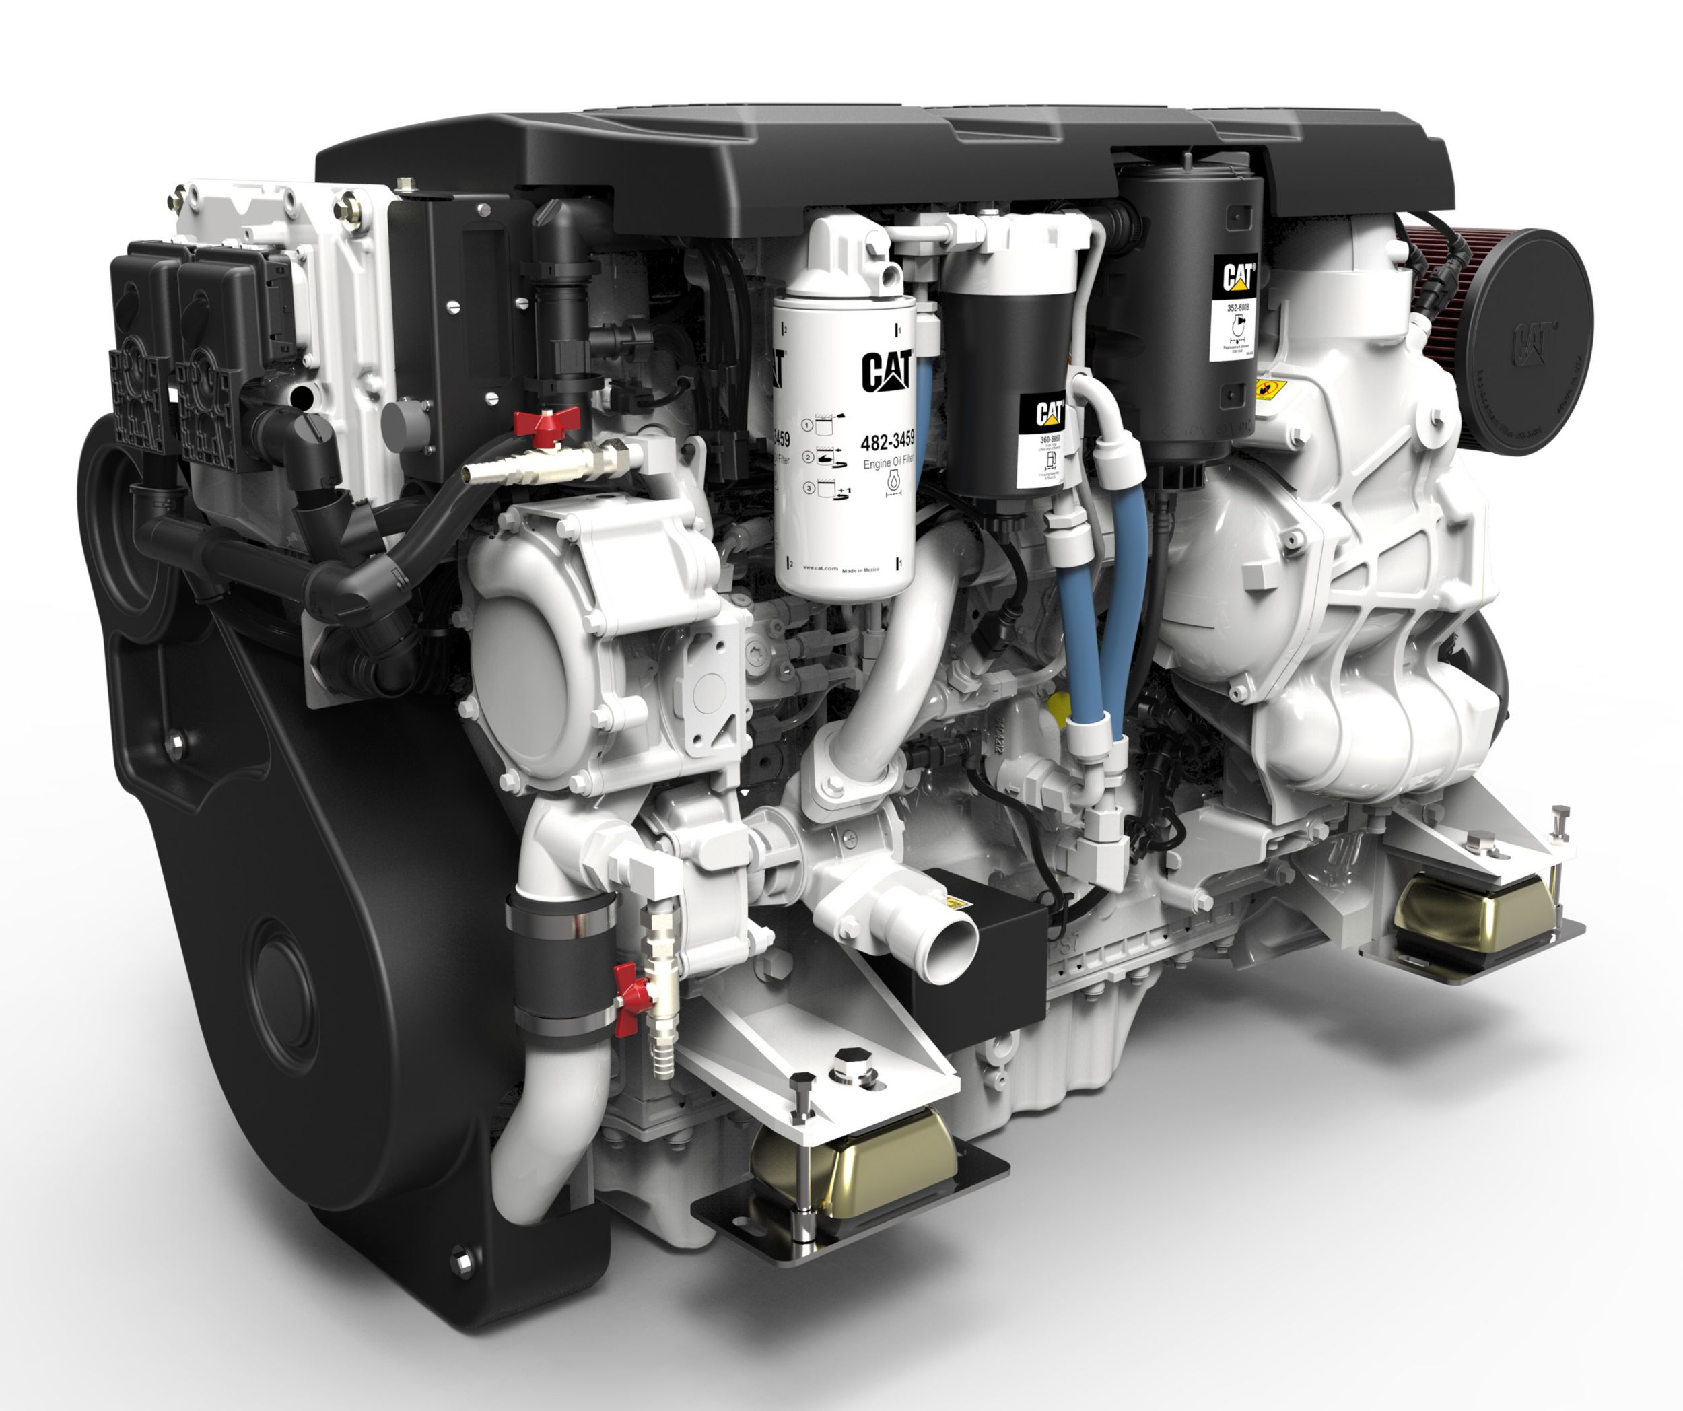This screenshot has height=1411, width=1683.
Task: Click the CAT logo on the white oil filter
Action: (887, 371)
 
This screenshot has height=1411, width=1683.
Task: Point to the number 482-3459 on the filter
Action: (887, 442)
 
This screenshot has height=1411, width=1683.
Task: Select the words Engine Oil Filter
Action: (887, 463)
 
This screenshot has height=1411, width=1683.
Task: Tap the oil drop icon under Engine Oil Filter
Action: (893, 483)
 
